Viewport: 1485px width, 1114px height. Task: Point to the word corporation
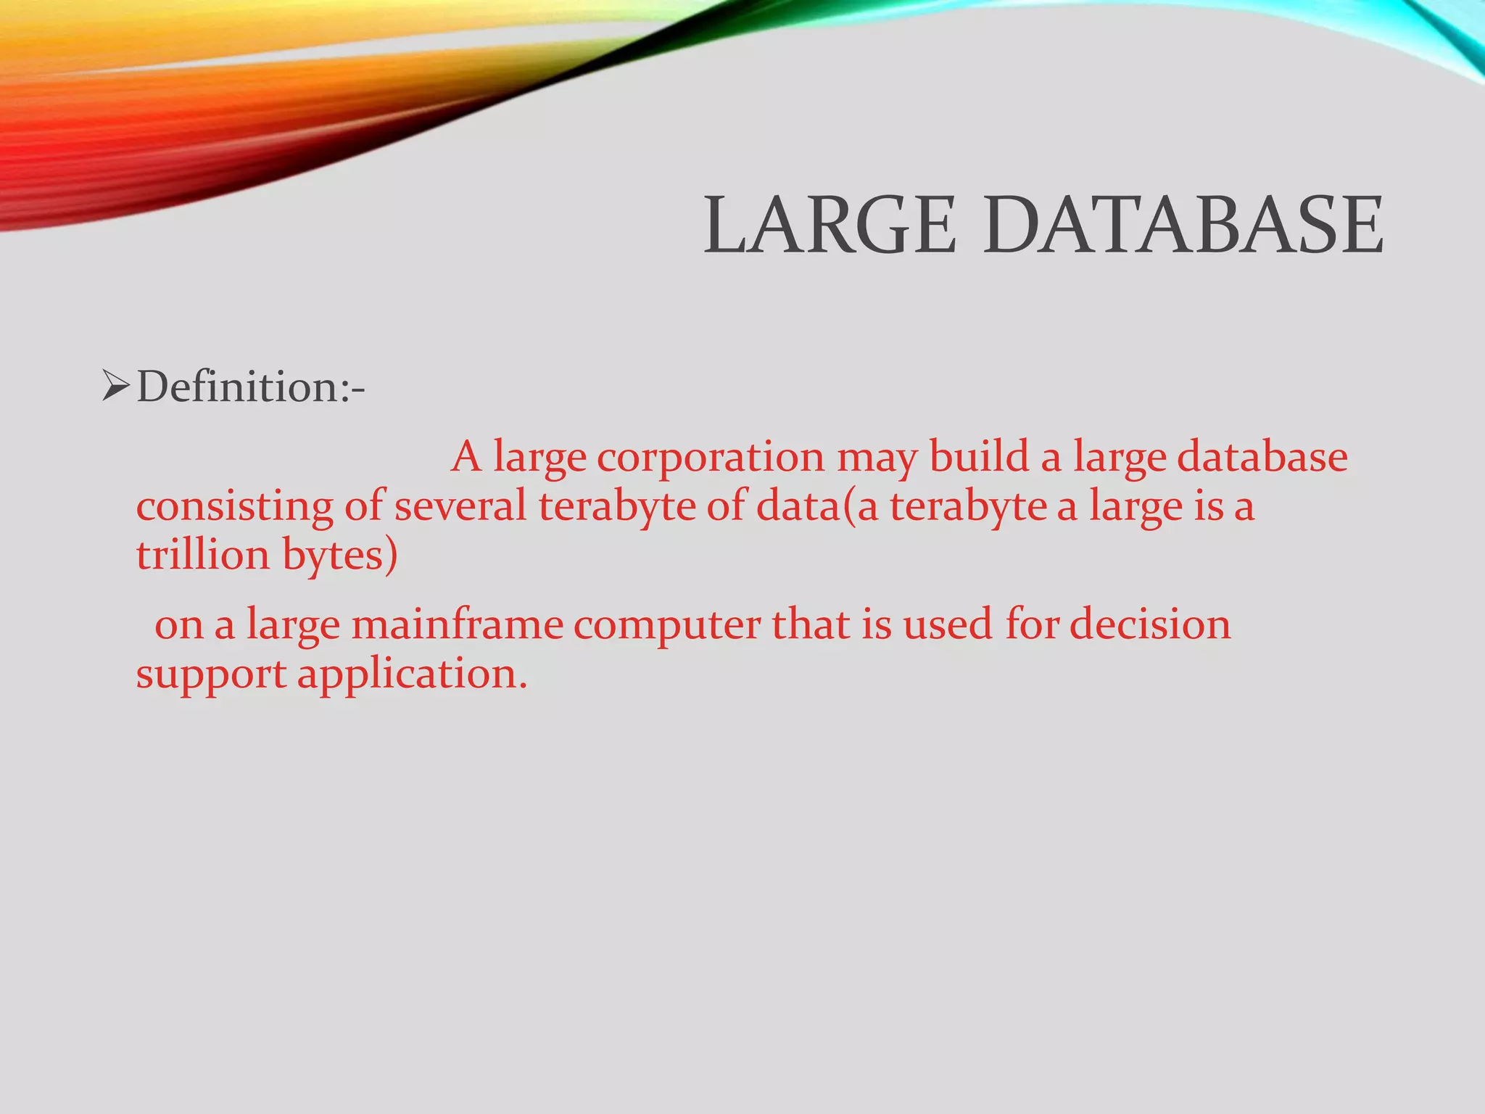click(x=711, y=458)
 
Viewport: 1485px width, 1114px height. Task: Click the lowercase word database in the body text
click(x=1262, y=457)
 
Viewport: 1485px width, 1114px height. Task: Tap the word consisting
click(x=234, y=506)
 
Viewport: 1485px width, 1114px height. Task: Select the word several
click(x=460, y=506)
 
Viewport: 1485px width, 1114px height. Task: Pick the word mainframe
click(x=458, y=624)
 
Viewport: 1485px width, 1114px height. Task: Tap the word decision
click(x=1151, y=624)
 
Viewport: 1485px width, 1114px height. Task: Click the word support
click(x=211, y=675)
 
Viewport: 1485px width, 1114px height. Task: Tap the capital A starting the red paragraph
click(x=466, y=457)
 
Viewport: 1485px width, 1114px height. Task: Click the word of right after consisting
click(x=363, y=506)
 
